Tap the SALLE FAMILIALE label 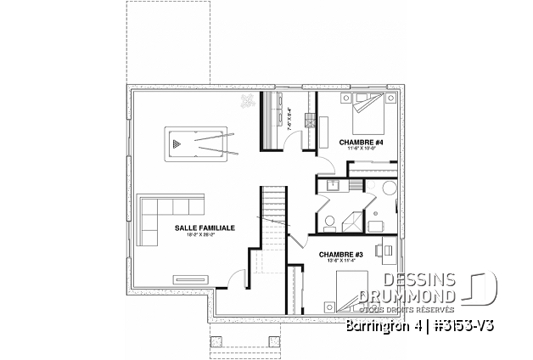[205, 228]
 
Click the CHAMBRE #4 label [361, 142]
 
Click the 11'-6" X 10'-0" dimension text [361, 149]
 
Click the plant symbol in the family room [248, 101]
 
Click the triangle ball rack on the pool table [175, 144]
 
